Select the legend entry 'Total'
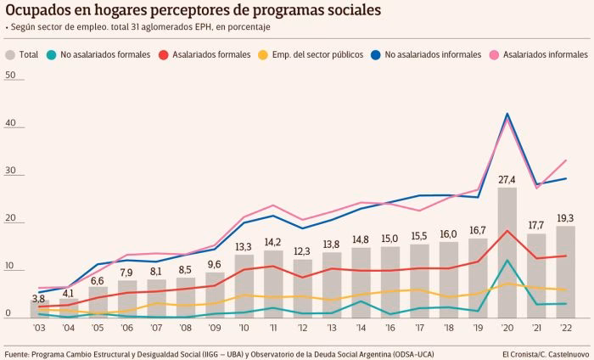point(22,54)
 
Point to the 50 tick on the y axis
point(10,76)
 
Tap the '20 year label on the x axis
point(507,329)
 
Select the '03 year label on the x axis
point(39,329)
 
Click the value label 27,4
point(507,179)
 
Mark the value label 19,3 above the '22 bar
point(565,217)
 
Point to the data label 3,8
point(38,298)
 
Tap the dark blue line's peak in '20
point(507,114)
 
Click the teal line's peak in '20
point(507,260)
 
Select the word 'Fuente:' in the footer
point(21,352)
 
